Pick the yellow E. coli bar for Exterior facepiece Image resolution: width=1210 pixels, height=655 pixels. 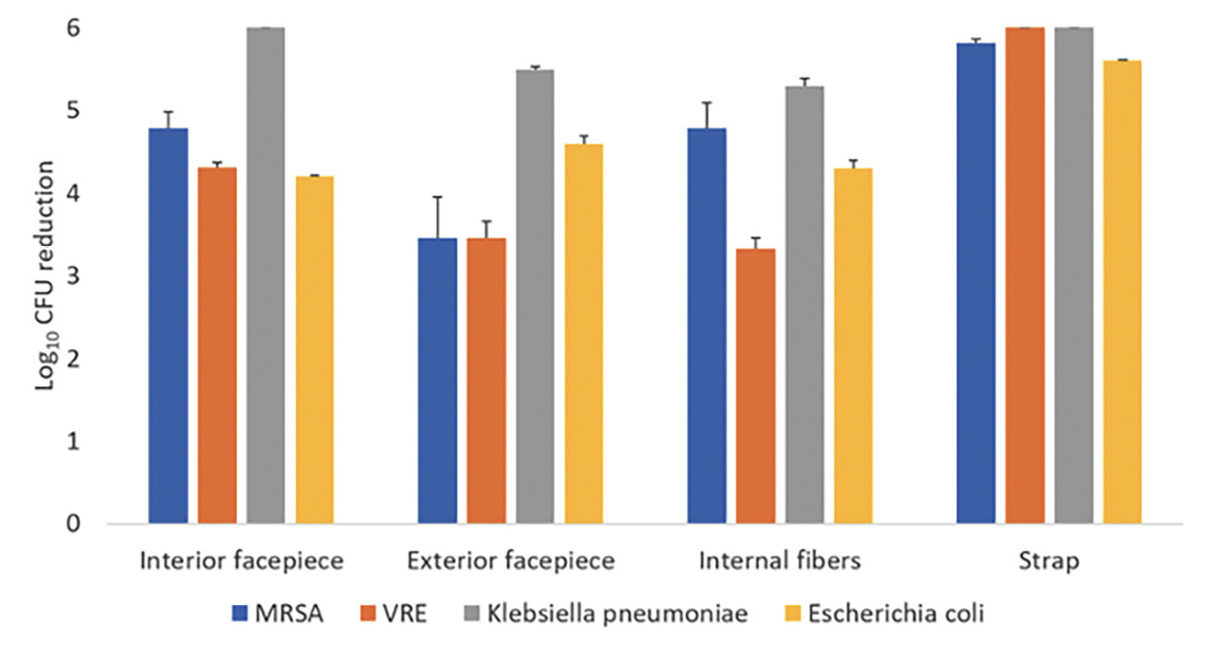[x=584, y=334]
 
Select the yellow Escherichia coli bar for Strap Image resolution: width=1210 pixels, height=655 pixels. [x=1122, y=292]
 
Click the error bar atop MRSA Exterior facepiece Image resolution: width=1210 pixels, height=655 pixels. [x=438, y=216]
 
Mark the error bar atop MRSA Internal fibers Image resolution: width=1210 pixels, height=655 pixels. [x=707, y=115]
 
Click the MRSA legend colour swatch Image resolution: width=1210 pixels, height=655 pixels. [x=241, y=612]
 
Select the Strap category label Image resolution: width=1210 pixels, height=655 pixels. [x=1049, y=562]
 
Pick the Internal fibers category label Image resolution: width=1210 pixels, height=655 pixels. [x=780, y=562]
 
